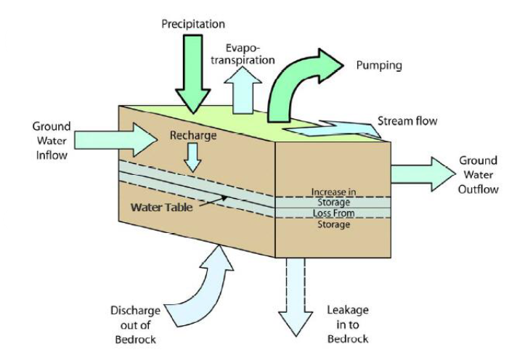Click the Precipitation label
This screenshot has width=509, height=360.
click(193, 25)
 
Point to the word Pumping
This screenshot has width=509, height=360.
click(379, 65)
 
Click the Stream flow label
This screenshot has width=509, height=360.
click(407, 120)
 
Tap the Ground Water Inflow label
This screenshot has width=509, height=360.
click(52, 141)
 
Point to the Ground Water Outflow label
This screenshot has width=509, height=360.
click(478, 175)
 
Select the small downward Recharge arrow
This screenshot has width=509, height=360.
click(192, 156)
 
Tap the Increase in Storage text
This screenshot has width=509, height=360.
click(333, 197)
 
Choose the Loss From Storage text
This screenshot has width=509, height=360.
click(333, 219)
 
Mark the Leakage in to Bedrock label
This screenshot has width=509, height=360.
click(347, 324)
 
